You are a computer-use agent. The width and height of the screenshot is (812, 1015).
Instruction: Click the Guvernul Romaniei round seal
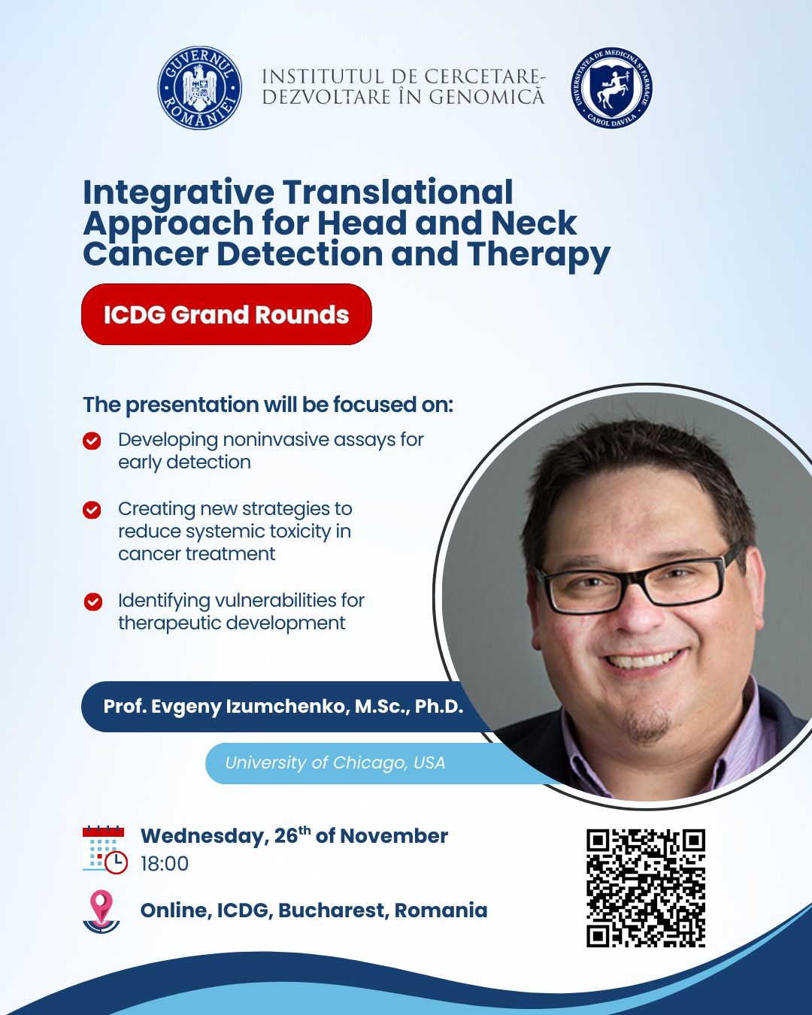point(199,88)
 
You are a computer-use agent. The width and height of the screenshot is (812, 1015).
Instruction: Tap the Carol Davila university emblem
point(612,88)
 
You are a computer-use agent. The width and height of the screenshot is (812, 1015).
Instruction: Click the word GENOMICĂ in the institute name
point(486,97)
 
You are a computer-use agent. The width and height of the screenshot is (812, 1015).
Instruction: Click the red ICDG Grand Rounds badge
point(226,314)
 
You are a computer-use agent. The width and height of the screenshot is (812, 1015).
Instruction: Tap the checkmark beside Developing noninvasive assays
point(92,441)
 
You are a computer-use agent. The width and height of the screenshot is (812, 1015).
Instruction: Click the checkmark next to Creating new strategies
point(92,511)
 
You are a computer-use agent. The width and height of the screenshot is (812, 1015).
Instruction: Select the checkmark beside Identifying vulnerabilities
point(93,601)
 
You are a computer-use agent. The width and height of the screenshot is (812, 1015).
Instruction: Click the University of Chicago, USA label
point(335,762)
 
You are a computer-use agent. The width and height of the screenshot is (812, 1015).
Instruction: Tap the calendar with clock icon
point(105,850)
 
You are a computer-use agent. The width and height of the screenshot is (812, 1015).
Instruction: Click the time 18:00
point(165,864)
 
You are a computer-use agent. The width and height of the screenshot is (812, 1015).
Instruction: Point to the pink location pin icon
point(101,912)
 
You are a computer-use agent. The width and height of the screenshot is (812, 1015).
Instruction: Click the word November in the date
point(394,836)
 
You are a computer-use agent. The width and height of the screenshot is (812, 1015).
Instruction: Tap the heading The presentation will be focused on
point(268,404)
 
